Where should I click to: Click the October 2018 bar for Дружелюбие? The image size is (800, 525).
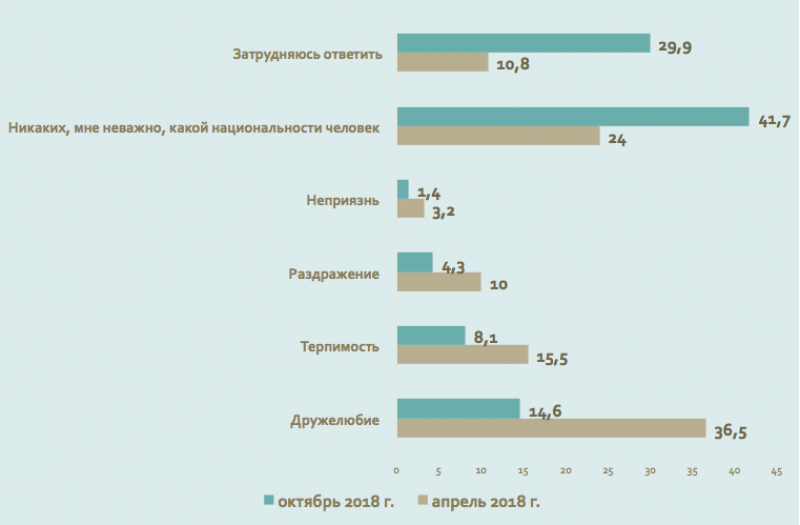458,408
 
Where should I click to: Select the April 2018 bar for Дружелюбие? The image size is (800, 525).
551,428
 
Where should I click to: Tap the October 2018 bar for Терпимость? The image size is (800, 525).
431,335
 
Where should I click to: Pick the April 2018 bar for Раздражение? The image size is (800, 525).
439,282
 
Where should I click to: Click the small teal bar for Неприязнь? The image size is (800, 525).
403,189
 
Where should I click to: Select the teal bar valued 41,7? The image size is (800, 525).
573,116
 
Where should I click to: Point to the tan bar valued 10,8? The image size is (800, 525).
443,62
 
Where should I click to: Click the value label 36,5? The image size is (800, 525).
731,431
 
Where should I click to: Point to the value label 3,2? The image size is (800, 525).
441,211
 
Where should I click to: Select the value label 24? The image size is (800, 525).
616,138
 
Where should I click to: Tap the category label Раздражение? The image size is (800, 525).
333,273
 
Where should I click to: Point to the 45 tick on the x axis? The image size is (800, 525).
776,469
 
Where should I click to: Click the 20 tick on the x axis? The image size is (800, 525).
565,469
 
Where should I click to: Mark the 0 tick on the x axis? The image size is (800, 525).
397,469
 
